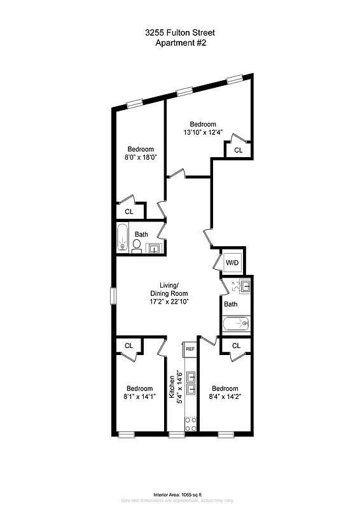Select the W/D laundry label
[x=232, y=263]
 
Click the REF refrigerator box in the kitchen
[x=190, y=349]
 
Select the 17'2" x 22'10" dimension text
[x=169, y=302]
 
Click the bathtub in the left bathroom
[x=123, y=239]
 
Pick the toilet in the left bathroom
[x=137, y=246]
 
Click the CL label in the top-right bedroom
[x=238, y=151]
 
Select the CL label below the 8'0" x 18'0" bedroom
[x=128, y=212]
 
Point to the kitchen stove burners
[x=190, y=423]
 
